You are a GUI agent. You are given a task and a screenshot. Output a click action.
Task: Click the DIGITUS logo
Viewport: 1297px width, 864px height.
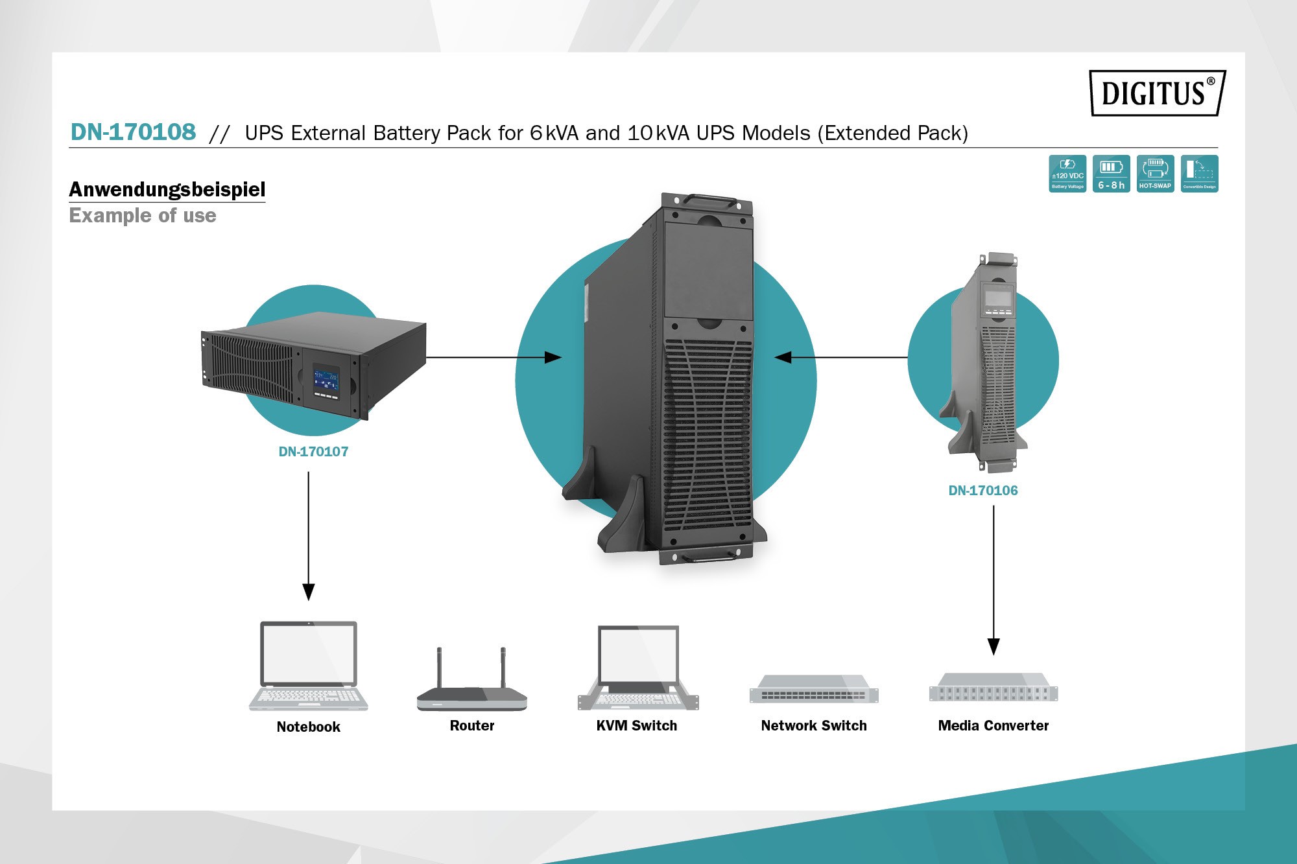(1157, 93)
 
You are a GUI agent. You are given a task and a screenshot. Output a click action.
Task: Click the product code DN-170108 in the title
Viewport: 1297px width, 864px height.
(133, 132)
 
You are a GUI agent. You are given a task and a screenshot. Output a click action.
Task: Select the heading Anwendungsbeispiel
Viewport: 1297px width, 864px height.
(167, 189)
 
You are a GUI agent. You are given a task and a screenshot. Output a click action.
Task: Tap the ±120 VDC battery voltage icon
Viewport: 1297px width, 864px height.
(1067, 173)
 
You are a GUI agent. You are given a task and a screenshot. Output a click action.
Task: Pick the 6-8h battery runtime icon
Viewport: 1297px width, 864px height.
(1111, 173)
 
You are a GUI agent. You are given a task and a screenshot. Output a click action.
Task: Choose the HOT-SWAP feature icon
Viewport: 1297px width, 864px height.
(1155, 173)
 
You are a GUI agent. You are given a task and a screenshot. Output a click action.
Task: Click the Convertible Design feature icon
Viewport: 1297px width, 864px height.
(1199, 173)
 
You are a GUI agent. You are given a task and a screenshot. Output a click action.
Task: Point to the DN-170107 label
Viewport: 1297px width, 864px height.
(313, 452)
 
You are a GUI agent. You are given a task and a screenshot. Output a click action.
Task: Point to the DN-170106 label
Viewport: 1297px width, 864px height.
(983, 491)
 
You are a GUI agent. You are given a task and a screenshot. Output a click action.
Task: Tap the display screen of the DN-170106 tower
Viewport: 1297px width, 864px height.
(998, 298)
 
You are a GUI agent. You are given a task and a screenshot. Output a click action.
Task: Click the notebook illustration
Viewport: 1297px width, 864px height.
(309, 666)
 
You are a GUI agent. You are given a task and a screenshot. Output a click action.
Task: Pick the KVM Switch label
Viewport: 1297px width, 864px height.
(637, 726)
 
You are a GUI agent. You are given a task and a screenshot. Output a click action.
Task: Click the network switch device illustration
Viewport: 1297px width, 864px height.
(814, 690)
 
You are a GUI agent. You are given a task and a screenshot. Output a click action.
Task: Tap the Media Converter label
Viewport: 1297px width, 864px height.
(993, 726)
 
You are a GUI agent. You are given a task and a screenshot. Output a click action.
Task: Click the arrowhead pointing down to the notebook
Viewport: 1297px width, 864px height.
(309, 591)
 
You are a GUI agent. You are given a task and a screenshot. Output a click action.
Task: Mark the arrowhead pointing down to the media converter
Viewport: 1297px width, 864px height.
(994, 646)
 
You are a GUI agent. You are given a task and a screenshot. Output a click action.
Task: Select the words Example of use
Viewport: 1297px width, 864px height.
(143, 215)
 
